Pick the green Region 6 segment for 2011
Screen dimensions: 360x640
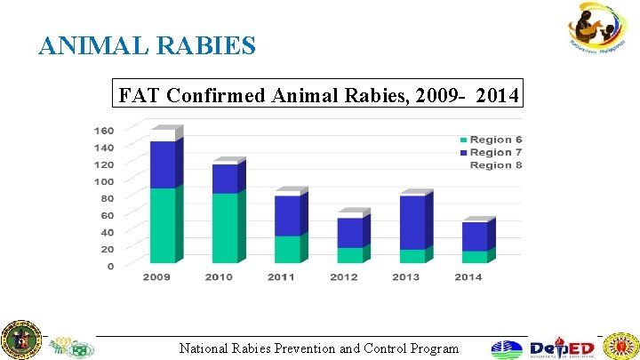coord(286,249)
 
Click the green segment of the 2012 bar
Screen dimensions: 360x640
coord(348,255)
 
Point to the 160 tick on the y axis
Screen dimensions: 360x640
coord(103,129)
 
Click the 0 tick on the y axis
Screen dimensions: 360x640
coord(110,266)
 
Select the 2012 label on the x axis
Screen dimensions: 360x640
coord(344,277)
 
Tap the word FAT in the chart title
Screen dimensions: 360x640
coord(138,94)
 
